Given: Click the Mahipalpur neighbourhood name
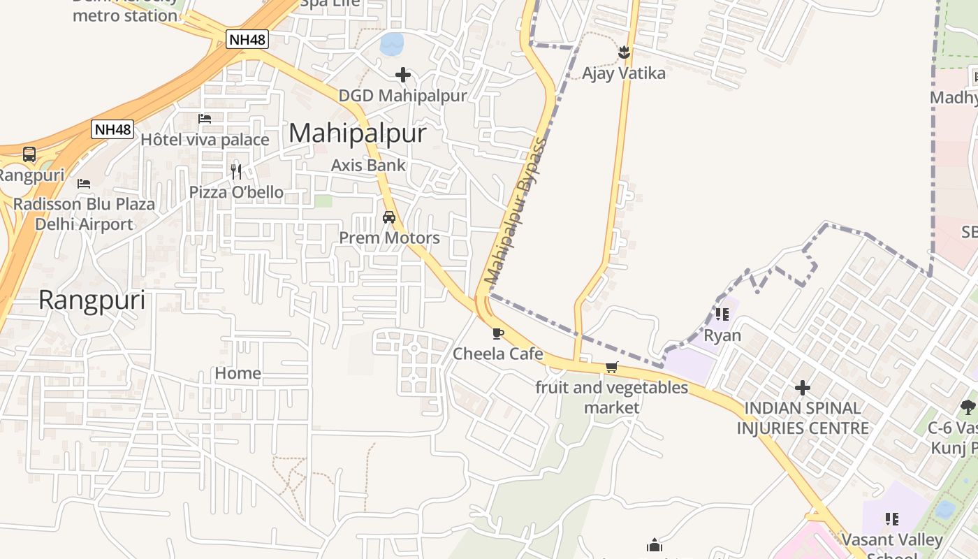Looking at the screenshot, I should click(357, 133).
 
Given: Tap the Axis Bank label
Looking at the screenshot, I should click(368, 166).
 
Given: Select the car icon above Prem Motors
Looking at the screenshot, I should click(389, 217).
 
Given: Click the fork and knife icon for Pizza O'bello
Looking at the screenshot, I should click(236, 171).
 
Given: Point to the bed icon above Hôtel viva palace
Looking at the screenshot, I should click(205, 119).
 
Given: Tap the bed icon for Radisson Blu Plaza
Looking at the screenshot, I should click(84, 184).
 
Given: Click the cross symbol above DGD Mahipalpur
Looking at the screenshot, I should click(402, 75).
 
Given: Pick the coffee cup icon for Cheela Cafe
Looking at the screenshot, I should click(497, 333).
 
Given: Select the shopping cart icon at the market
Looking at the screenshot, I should click(612, 367).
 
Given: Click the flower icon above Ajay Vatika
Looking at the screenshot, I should click(624, 52).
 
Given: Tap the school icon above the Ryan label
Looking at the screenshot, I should click(722, 314).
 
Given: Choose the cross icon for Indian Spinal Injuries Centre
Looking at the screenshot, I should click(803, 387).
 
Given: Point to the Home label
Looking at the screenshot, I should click(238, 374).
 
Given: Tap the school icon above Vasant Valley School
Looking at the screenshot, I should click(891, 518).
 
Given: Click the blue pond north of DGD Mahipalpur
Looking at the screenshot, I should click(392, 45).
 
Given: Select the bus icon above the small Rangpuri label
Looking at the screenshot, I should click(29, 154).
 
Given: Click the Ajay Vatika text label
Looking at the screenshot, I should click(624, 73).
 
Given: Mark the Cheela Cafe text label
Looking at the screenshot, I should click(497, 354).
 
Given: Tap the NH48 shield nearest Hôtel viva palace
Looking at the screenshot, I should click(112, 129).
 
